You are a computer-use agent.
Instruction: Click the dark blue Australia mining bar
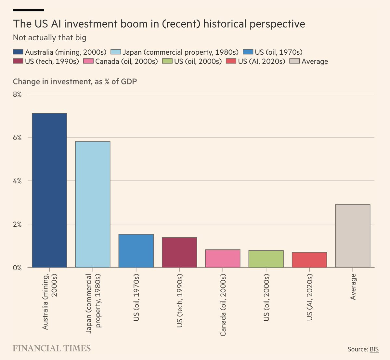point(49,190)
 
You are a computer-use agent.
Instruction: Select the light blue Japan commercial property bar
point(93,204)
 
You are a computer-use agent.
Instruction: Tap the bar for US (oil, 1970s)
point(136,251)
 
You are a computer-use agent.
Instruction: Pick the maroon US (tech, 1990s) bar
point(179,252)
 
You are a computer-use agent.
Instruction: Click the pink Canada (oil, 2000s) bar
point(223,259)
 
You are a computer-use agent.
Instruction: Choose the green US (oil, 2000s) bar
point(266,259)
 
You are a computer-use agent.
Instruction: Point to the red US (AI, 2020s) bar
point(309,260)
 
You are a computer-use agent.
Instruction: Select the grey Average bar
point(353,236)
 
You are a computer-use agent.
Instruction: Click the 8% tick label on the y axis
point(17,94)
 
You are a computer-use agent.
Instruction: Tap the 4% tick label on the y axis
point(17,181)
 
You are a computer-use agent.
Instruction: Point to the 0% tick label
point(17,268)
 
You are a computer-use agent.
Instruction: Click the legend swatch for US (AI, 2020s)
point(231,61)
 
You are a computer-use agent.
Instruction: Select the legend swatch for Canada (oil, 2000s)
point(88,61)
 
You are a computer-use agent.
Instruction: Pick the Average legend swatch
point(295,61)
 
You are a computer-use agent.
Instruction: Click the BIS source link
point(374,349)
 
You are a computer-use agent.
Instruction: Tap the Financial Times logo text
point(52,349)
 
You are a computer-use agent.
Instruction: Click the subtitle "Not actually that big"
point(49,38)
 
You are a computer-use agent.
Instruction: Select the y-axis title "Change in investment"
point(52,82)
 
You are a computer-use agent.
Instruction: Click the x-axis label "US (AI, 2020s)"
point(309,297)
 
